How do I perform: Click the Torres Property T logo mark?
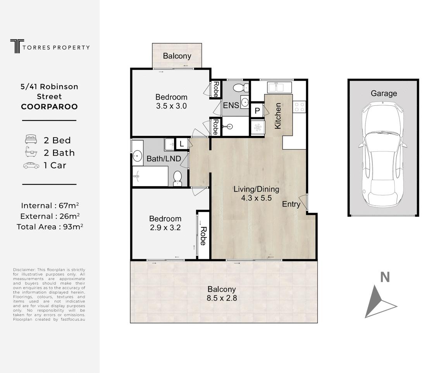[x=17, y=46]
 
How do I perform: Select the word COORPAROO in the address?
[x=49, y=107]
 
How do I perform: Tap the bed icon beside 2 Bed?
[x=31, y=139]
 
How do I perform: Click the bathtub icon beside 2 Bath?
[x=31, y=152]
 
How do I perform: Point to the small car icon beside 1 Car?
[x=31, y=165]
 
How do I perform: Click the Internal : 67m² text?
[x=50, y=206]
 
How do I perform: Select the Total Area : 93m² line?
[x=50, y=227]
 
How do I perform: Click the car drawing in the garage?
[x=383, y=155]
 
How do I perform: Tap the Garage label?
[x=384, y=93]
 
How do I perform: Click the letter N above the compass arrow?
[x=385, y=277]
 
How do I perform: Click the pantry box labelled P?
[x=257, y=111]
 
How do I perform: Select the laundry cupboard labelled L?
[x=182, y=144]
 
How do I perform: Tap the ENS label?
[x=231, y=105]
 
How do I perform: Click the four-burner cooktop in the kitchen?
[x=300, y=107]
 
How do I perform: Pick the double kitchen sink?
[x=279, y=87]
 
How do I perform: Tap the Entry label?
[x=291, y=204]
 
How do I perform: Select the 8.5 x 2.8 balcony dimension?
[x=222, y=298]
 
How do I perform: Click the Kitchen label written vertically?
[x=277, y=116]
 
